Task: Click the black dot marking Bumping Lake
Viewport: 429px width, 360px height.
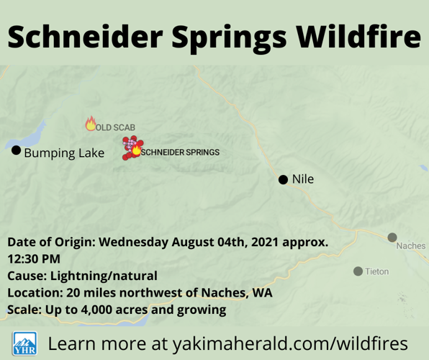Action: coord(16,150)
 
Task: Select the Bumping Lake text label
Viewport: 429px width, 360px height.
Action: coord(64,153)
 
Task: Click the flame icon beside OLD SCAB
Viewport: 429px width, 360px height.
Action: coord(91,124)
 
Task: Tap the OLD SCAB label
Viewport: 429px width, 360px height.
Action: coord(115,127)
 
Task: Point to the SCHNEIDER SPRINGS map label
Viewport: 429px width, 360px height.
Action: coord(181,153)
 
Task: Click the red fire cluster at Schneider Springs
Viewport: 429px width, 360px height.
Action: coord(130,147)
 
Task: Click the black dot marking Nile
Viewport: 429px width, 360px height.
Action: coord(283,179)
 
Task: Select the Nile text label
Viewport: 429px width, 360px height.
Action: coord(303,179)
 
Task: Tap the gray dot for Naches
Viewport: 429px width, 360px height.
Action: coord(392,237)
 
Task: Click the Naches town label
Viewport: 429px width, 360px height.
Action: coord(410,246)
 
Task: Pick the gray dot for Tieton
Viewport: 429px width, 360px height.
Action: coord(358,271)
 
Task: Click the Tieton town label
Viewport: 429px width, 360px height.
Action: coord(377,271)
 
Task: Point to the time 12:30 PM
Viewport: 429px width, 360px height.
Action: coord(30,258)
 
